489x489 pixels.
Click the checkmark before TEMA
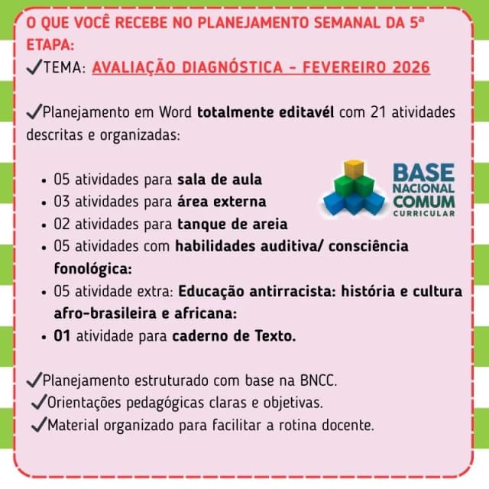pyautogui.click(x=34, y=66)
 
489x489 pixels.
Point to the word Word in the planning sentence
pyautogui.click(x=175, y=112)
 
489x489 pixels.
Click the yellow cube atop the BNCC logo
pyautogui.click(x=354, y=169)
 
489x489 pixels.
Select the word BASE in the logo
pyautogui.click(x=423, y=173)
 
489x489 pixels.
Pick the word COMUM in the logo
pyautogui.click(x=424, y=202)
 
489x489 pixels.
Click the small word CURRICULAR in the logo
pyautogui.click(x=424, y=214)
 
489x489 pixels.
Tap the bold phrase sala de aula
pyautogui.click(x=219, y=180)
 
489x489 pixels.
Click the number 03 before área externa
pyautogui.click(x=61, y=202)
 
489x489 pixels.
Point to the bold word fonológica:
pyautogui.click(x=93, y=269)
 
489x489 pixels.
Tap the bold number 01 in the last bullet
pyautogui.click(x=62, y=336)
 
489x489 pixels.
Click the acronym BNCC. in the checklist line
pyautogui.click(x=319, y=381)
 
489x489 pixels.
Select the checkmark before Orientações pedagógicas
pyautogui.click(x=39, y=402)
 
